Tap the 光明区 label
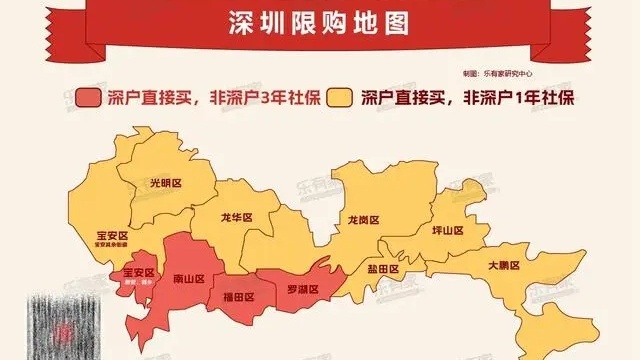166,183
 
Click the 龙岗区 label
365,218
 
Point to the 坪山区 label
447,230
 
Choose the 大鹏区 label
504,266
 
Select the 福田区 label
238,297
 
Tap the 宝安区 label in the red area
137,273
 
